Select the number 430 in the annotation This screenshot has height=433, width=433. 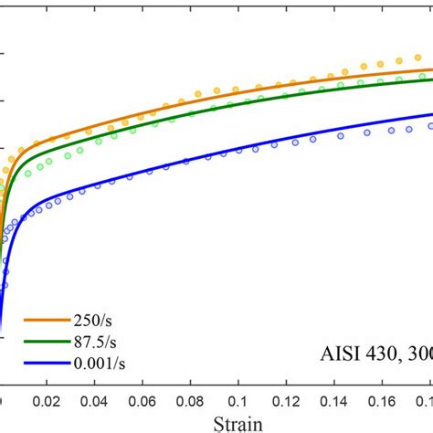pyautogui.click(x=384, y=354)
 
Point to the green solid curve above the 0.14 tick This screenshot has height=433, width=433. pyautogui.click(x=333, y=90)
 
